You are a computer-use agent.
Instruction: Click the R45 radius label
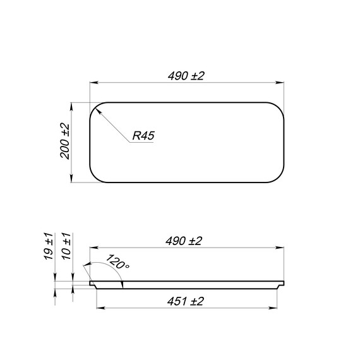[x=143, y=136]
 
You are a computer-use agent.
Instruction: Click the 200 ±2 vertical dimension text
[x=65, y=141]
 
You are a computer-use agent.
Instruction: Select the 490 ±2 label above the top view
[x=186, y=76]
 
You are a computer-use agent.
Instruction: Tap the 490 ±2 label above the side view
[x=184, y=241]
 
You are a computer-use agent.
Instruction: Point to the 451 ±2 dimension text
[x=186, y=301]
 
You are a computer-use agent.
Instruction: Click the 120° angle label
[x=117, y=261]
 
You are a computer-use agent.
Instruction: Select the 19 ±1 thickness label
[x=49, y=246]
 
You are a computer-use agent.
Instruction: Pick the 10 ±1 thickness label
[x=66, y=246]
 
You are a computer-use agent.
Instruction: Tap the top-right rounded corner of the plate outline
[x=279, y=108]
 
